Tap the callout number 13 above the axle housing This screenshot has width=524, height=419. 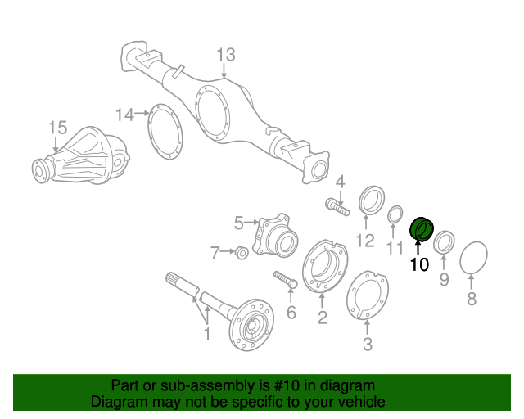(x=225, y=55)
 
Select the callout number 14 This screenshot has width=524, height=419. (x=124, y=115)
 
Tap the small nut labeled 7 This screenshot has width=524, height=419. (x=241, y=253)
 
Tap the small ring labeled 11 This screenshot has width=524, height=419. (x=394, y=214)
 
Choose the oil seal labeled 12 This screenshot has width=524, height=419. (x=371, y=202)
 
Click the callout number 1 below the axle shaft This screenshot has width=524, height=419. (x=207, y=333)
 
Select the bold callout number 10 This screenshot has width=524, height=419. (x=419, y=264)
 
